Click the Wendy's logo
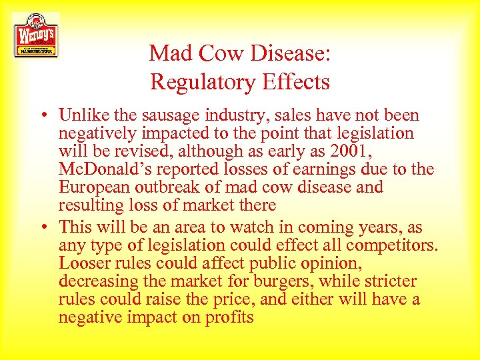point(35,35)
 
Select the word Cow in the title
point(219,53)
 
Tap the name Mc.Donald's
point(108,169)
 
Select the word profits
point(228,317)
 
